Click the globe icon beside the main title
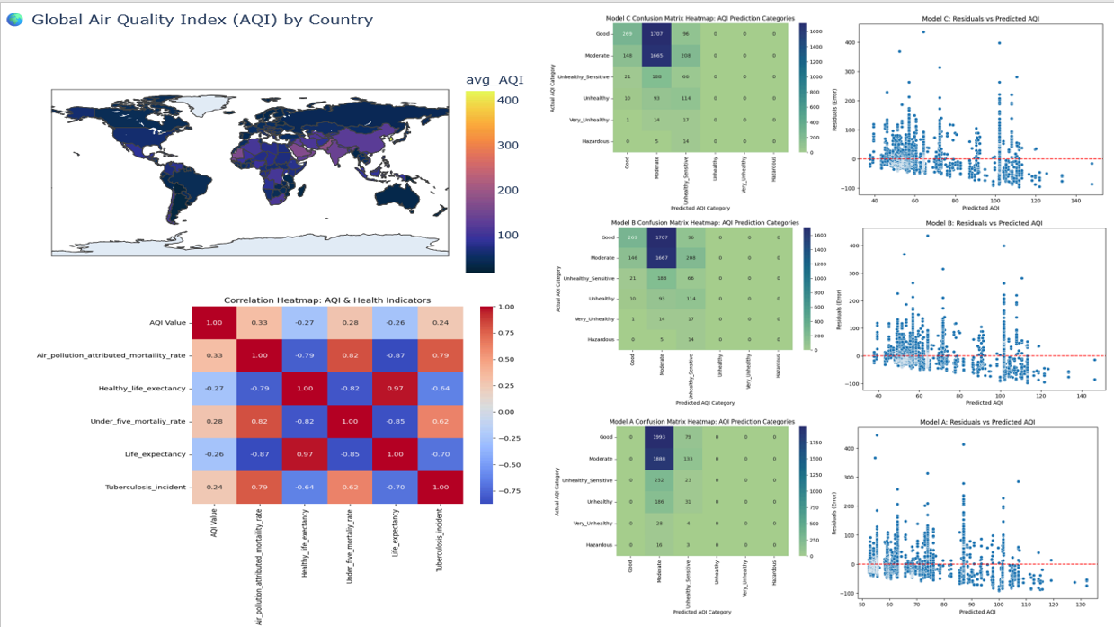14,19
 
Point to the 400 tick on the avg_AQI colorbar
507,101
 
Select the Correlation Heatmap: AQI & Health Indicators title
326,300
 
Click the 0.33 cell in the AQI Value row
259,323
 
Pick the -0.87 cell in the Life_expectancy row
259,454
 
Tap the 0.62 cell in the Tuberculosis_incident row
349,487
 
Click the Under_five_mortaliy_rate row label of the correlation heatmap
138,421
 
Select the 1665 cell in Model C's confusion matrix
658,56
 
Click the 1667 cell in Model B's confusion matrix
658,258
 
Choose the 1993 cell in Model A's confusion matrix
658,437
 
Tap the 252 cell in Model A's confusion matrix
658,480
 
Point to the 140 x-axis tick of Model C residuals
1075,202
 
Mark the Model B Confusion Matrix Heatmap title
704,222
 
